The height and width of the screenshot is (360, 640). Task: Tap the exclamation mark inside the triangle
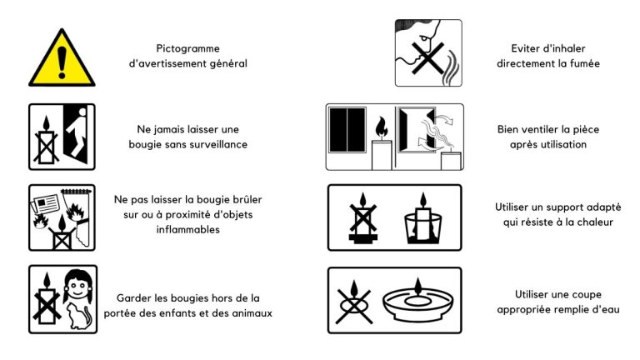point(62,62)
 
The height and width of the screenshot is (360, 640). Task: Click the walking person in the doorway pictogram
point(77,132)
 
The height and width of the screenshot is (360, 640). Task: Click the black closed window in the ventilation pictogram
point(347,130)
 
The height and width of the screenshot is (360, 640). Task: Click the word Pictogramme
point(187,48)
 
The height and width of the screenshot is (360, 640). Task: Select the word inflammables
point(187,229)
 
